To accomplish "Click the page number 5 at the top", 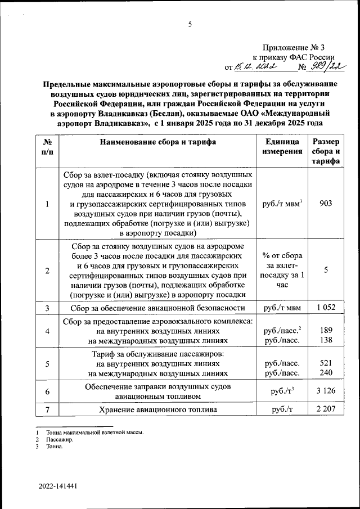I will click(x=190, y=24).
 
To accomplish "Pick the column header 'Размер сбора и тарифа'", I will click(x=326, y=152).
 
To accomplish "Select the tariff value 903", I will click(x=326, y=203).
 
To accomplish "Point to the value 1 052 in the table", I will click(x=326, y=308).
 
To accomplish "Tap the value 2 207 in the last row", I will click(x=326, y=409).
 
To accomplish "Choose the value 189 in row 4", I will click(x=326, y=330).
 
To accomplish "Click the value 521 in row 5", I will click(x=326, y=363).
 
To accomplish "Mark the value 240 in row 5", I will click(x=326, y=373).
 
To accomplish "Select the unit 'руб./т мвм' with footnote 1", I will click(x=282, y=203).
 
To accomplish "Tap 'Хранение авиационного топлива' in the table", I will click(x=158, y=409).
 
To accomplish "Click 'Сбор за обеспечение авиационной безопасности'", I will click(x=158, y=308).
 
